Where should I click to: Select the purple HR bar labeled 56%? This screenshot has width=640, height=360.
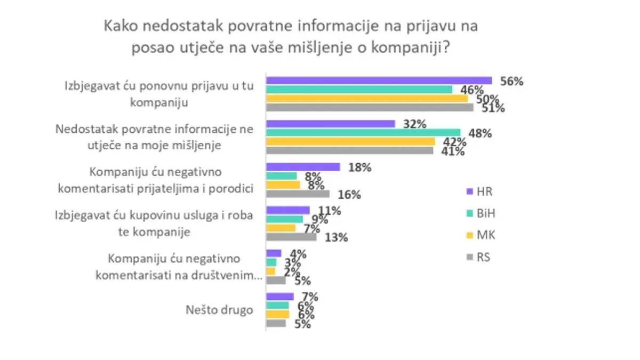click(x=379, y=81)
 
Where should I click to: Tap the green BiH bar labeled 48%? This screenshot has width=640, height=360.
click(x=363, y=132)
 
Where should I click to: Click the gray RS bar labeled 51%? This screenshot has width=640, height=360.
click(x=369, y=107)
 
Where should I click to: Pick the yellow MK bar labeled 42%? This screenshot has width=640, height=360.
click(x=350, y=141)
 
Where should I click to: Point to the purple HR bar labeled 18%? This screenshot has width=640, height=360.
click(x=302, y=167)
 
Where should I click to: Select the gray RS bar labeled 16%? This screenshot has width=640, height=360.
click(x=297, y=194)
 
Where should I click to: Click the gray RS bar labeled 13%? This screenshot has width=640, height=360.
click(x=291, y=237)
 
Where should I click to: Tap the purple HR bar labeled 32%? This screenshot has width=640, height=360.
click(x=330, y=124)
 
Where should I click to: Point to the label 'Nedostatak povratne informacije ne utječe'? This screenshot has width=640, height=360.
click(x=155, y=137)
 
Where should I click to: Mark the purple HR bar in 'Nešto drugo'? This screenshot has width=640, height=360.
click(x=279, y=297)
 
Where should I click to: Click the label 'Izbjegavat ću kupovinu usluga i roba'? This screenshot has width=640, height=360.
click(x=154, y=223)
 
